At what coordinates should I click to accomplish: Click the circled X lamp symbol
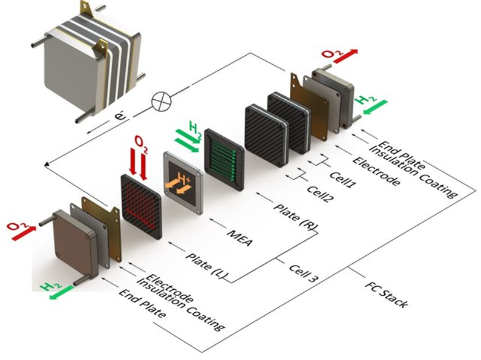[162, 101]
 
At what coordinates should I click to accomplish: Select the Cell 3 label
[304, 273]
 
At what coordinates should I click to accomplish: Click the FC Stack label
[387, 294]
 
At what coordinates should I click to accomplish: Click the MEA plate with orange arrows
[183, 183]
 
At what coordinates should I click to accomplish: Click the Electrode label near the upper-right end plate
[376, 172]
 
